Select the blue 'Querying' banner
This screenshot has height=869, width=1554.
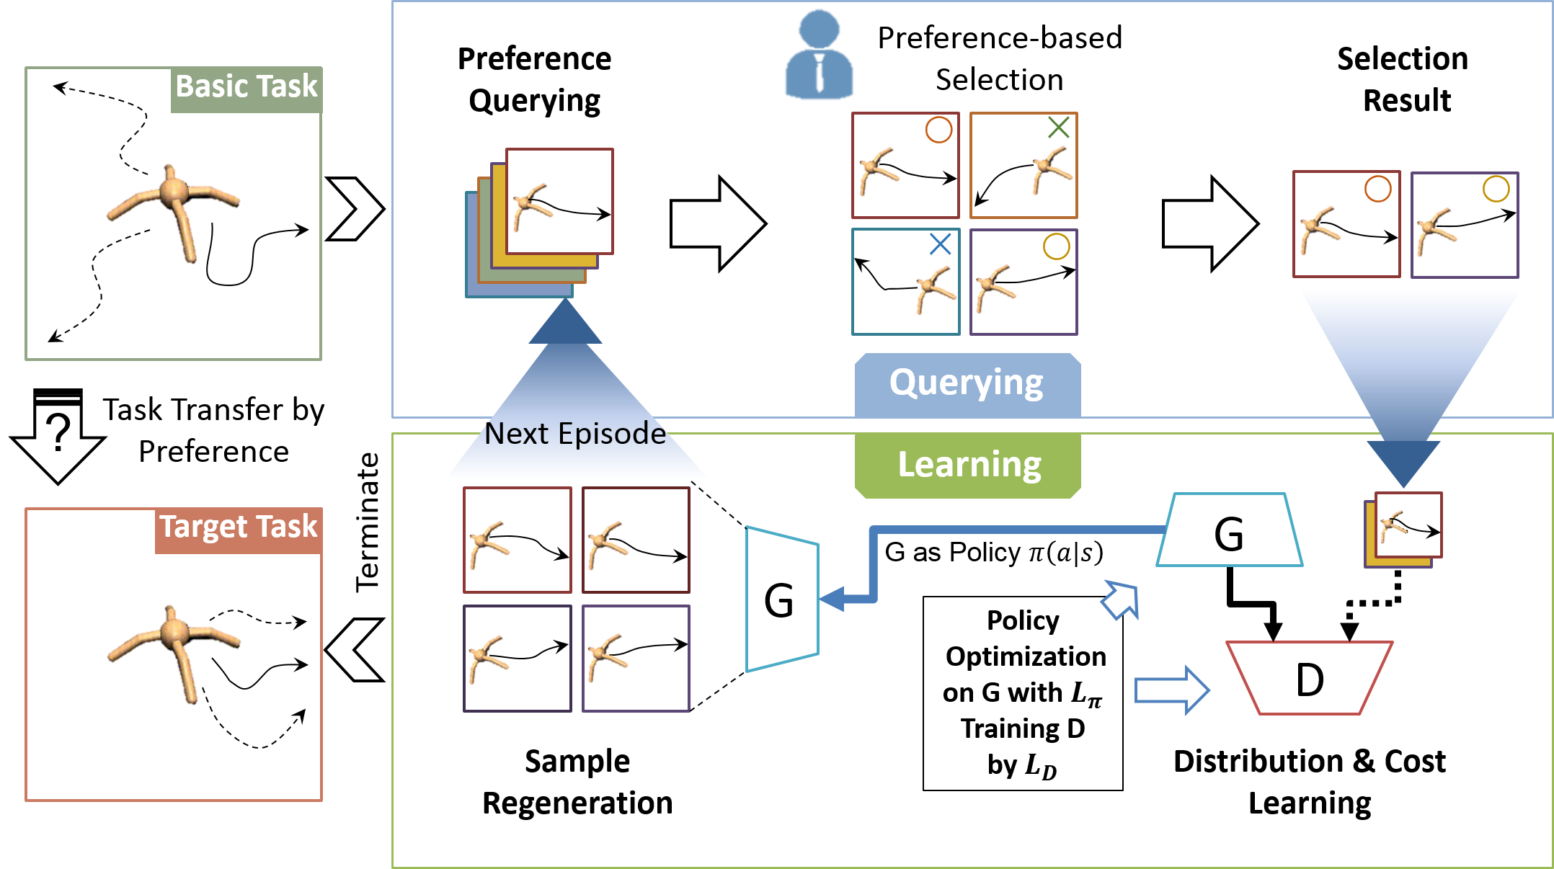(967, 383)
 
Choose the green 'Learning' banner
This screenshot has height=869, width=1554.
(968, 465)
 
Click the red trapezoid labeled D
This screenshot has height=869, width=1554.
(1309, 679)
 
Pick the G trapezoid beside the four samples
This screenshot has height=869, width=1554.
(781, 600)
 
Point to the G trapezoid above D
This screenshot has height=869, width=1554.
(1229, 532)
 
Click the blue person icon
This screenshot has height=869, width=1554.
(819, 55)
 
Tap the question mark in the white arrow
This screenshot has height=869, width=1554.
(58, 432)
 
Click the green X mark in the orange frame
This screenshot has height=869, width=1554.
(1058, 128)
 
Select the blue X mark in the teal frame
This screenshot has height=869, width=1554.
(940, 244)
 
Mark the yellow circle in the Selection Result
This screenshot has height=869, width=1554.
(1496, 189)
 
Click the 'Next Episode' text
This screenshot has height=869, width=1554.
(574, 434)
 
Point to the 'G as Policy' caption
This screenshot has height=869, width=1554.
(993, 553)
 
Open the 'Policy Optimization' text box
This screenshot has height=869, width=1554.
(1023, 693)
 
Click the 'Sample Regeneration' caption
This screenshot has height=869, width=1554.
(577, 782)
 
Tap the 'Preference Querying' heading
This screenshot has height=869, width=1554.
(534, 80)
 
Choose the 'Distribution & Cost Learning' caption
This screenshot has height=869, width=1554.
(1309, 782)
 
